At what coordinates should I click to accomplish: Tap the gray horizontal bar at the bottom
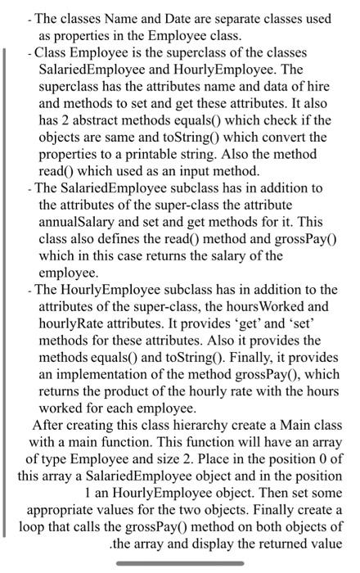[x=179, y=564]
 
